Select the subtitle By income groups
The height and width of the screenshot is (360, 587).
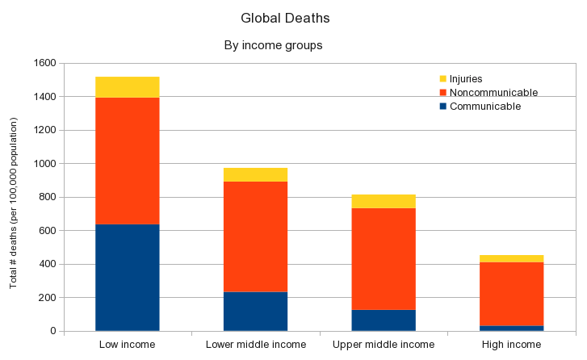pos(273,45)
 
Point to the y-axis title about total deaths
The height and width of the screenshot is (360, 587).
pos(14,203)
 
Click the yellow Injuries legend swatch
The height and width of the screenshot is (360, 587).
pos(442,79)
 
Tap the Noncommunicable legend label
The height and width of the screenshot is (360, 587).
pos(493,93)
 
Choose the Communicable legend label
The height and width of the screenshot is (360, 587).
pos(485,107)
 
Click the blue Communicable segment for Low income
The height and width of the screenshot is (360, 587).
pos(127,277)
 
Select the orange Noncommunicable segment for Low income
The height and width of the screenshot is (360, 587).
pos(127,161)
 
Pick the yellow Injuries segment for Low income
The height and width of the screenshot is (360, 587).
pos(127,87)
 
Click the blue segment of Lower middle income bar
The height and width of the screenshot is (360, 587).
pos(255,311)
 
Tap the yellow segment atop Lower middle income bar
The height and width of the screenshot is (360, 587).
pos(255,174)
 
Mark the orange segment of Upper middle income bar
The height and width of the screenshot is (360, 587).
pos(384,258)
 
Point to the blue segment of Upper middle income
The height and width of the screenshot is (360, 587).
pos(384,320)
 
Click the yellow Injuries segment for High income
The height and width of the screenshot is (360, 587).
pos(511,258)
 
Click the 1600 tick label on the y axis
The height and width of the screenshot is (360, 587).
pos(44,63)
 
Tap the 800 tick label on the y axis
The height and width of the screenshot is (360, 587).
pos(47,197)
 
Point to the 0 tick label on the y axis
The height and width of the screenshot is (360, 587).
pos(52,331)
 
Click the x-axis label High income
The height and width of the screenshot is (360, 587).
pos(511,345)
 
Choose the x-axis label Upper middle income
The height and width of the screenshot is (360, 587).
pos(384,345)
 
